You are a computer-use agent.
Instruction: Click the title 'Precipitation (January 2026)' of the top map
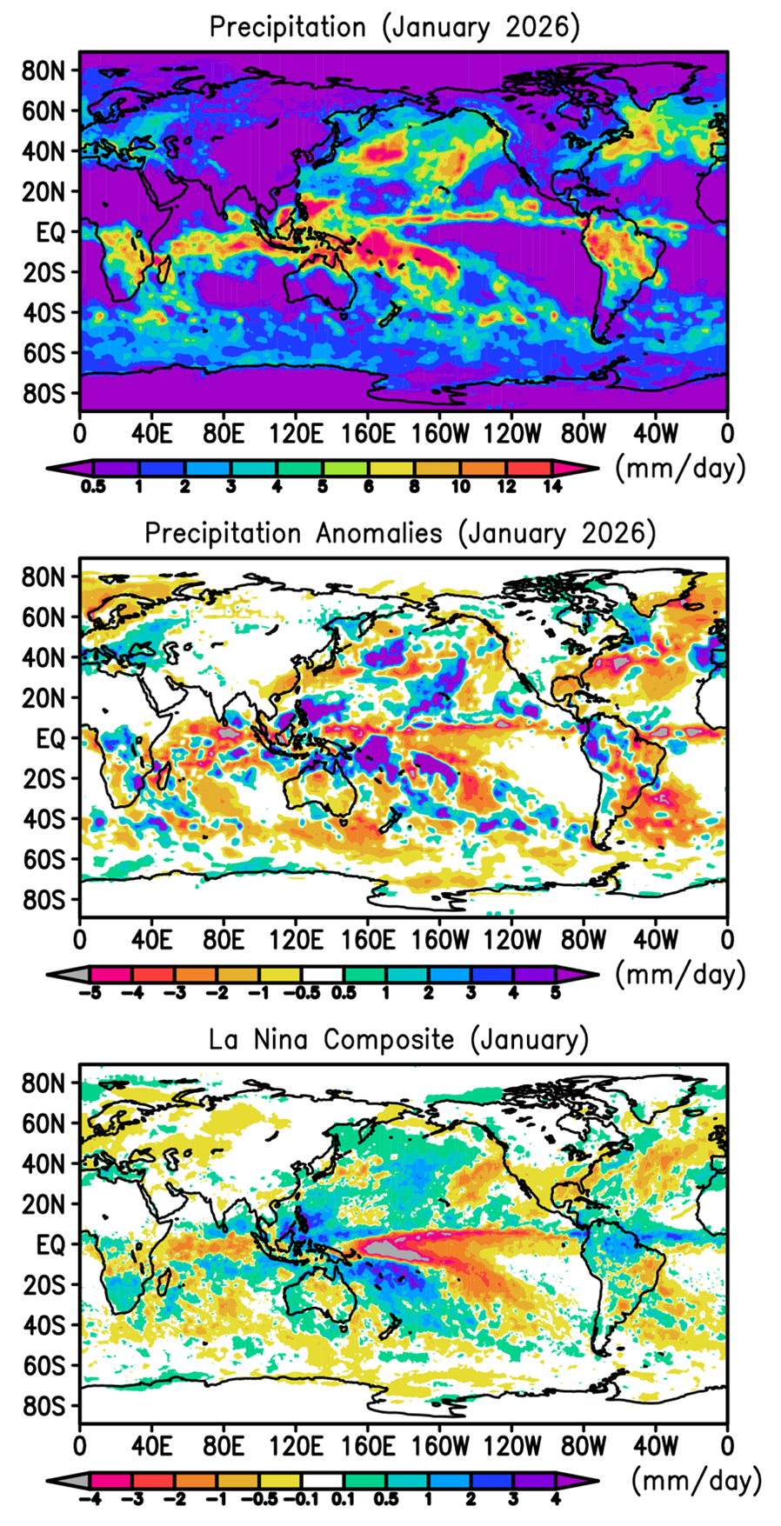(x=394, y=27)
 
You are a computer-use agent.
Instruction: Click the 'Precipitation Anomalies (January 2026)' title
(x=400, y=533)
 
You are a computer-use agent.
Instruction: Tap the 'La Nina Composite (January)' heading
(x=398, y=1040)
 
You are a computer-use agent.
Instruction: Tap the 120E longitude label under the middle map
(x=295, y=940)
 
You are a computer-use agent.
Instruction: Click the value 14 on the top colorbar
(x=551, y=487)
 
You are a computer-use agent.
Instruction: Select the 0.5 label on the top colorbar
(x=93, y=487)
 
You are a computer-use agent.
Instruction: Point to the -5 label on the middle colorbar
(x=91, y=993)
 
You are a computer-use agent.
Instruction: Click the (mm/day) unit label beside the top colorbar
(x=680, y=469)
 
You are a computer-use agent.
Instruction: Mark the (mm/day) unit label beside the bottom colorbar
(x=696, y=1481)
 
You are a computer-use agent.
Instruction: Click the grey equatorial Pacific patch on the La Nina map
(x=388, y=1249)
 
